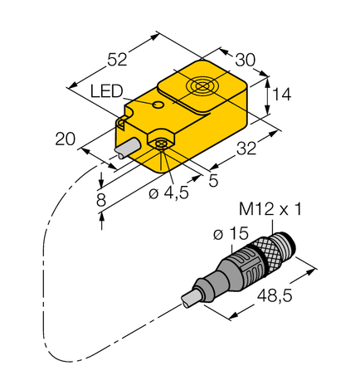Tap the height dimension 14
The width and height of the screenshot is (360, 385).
(282, 96)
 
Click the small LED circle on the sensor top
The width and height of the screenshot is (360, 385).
(157, 105)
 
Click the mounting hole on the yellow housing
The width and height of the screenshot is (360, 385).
(159, 146)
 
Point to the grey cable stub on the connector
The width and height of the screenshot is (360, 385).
(193, 295)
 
